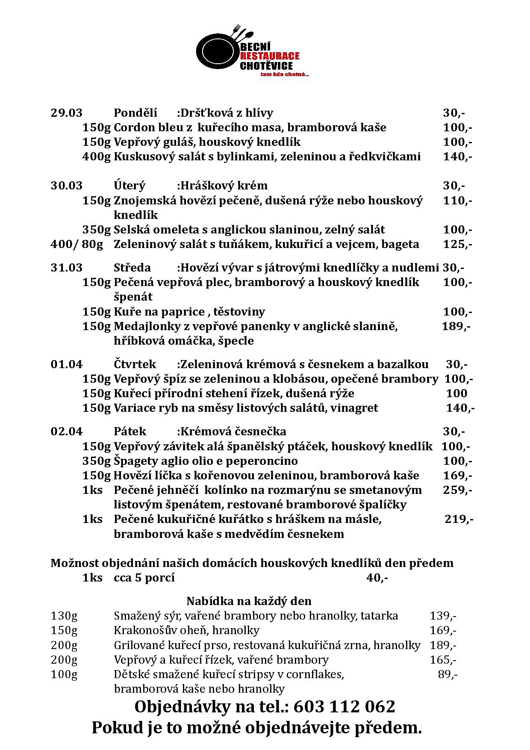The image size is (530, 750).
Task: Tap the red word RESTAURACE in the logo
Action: pyautogui.click(x=270, y=56)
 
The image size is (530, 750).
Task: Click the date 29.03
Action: pyautogui.click(x=66, y=113)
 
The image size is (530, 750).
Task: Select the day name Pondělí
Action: pyautogui.click(x=135, y=113)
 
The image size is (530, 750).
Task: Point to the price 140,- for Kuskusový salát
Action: pyautogui.click(x=457, y=156)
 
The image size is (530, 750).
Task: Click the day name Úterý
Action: pyautogui.click(x=130, y=186)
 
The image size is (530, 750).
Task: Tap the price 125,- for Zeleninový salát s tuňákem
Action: pyautogui.click(x=457, y=244)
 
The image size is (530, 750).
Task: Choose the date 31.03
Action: pyautogui.click(x=66, y=268)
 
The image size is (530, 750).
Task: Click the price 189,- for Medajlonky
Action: pyautogui.click(x=456, y=326)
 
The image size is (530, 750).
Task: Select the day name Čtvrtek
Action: pyautogui.click(x=135, y=364)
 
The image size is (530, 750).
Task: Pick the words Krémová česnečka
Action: pyautogui.click(x=233, y=431)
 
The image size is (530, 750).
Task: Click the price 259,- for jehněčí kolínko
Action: pyautogui.click(x=457, y=490)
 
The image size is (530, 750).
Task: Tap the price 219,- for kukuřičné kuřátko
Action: pyautogui.click(x=459, y=519)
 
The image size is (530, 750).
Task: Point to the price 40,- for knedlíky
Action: pyautogui.click(x=377, y=578)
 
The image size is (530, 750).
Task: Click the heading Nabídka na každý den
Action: pyautogui.click(x=249, y=601)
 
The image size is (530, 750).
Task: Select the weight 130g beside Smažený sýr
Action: pyautogui.click(x=64, y=616)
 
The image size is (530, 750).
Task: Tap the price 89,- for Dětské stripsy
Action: pyautogui.click(x=448, y=674)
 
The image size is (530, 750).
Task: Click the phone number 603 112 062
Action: pyautogui.click(x=344, y=707)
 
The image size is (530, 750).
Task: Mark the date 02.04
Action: pyautogui.click(x=66, y=431)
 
